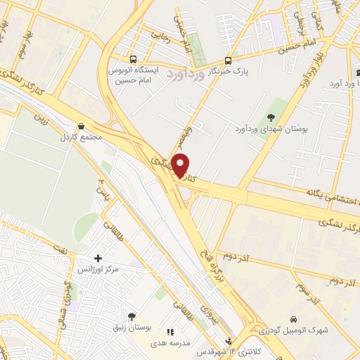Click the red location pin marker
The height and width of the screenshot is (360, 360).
[x=181, y=165]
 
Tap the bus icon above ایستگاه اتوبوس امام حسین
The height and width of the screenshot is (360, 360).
[x=134, y=59]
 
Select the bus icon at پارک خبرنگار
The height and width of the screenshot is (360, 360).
[x=228, y=60]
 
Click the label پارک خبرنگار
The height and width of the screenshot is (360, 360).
[x=233, y=71]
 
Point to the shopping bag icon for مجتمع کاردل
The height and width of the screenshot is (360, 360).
[x=82, y=127]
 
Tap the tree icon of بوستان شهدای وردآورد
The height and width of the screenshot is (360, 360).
[x=271, y=117]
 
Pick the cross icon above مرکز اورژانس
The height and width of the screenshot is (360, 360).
[x=98, y=259]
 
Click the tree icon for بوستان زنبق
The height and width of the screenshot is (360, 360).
[x=131, y=316]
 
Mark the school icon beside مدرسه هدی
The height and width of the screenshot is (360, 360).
[x=169, y=331]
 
